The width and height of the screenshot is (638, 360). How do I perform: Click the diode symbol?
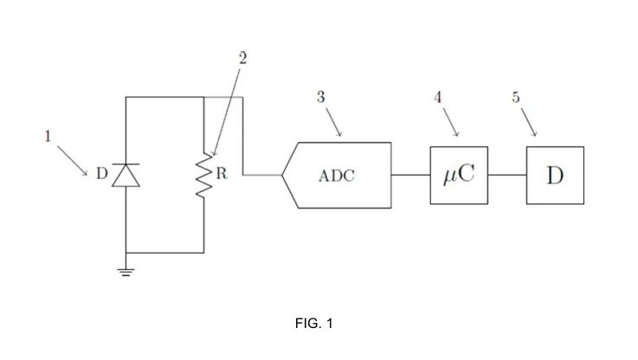pyautogui.click(x=126, y=174)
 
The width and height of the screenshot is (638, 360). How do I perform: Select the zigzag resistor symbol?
pyautogui.click(x=204, y=175)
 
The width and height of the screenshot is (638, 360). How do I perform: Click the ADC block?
pyautogui.click(x=338, y=175)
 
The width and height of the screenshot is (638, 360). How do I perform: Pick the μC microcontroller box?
pyautogui.click(x=459, y=175)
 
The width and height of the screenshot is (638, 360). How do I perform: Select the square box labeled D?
pyautogui.click(x=555, y=175)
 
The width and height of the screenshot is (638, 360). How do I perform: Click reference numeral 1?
pyautogui.click(x=48, y=136)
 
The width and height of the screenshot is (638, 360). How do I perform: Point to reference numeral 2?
pyautogui.click(x=242, y=58)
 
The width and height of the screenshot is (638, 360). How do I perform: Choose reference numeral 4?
pyautogui.click(x=438, y=97)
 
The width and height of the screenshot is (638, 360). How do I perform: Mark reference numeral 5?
pyautogui.click(x=516, y=97)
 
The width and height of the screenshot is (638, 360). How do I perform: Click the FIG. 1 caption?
pyautogui.click(x=313, y=324)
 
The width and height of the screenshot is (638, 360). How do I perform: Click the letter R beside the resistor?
pyautogui.click(x=221, y=173)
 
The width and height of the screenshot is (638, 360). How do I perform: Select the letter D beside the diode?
pyautogui.click(x=101, y=174)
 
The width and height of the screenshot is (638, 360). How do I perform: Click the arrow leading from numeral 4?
pyautogui.click(x=449, y=121)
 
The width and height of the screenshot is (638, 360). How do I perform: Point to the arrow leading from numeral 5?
pyautogui.click(x=527, y=121)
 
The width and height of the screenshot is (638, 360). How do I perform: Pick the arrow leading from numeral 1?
pyautogui.click(x=73, y=160)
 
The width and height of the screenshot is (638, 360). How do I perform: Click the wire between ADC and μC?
pyautogui.click(x=410, y=175)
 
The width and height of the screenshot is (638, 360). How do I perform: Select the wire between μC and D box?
pyautogui.click(x=507, y=175)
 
